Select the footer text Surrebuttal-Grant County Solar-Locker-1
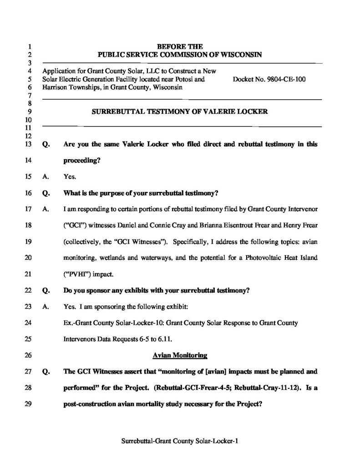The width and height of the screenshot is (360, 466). point(180,441)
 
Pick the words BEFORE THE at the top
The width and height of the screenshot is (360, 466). point(180,46)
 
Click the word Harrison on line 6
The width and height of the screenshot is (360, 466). point(53,87)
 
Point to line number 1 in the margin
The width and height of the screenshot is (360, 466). point(30,46)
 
